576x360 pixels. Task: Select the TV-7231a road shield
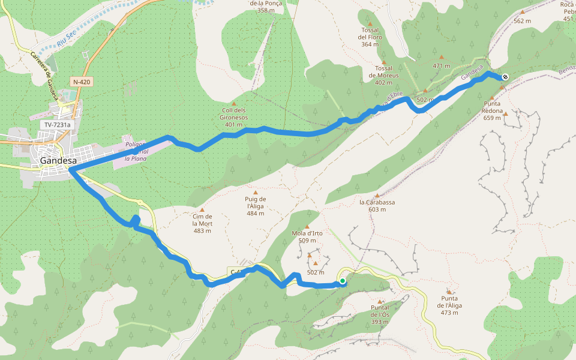(57, 125)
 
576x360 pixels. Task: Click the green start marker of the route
(343, 281)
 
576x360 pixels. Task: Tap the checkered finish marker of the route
(505, 77)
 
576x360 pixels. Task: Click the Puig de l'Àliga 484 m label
(256, 206)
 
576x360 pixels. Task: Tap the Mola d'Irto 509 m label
(307, 236)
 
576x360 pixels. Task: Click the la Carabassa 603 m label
(377, 206)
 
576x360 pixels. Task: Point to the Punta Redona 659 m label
(492, 111)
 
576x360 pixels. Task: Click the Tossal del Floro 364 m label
(370, 37)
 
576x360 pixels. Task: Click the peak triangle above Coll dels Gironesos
(234, 103)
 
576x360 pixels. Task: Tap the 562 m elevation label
(522, 21)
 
